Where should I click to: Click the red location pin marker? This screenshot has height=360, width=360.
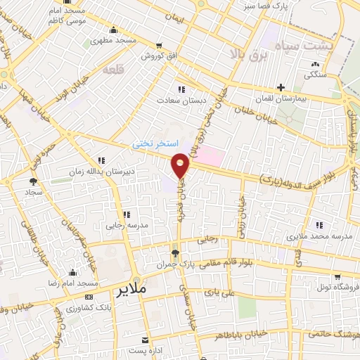(x=181, y=165)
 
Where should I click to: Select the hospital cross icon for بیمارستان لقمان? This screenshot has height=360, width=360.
(x=281, y=88)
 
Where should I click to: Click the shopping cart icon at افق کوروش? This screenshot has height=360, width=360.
(x=160, y=44)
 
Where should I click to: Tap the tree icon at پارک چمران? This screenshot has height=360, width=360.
(x=175, y=252)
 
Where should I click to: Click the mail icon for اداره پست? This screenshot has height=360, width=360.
(x=146, y=339)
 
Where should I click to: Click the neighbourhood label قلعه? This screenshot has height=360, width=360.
(x=113, y=70)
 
